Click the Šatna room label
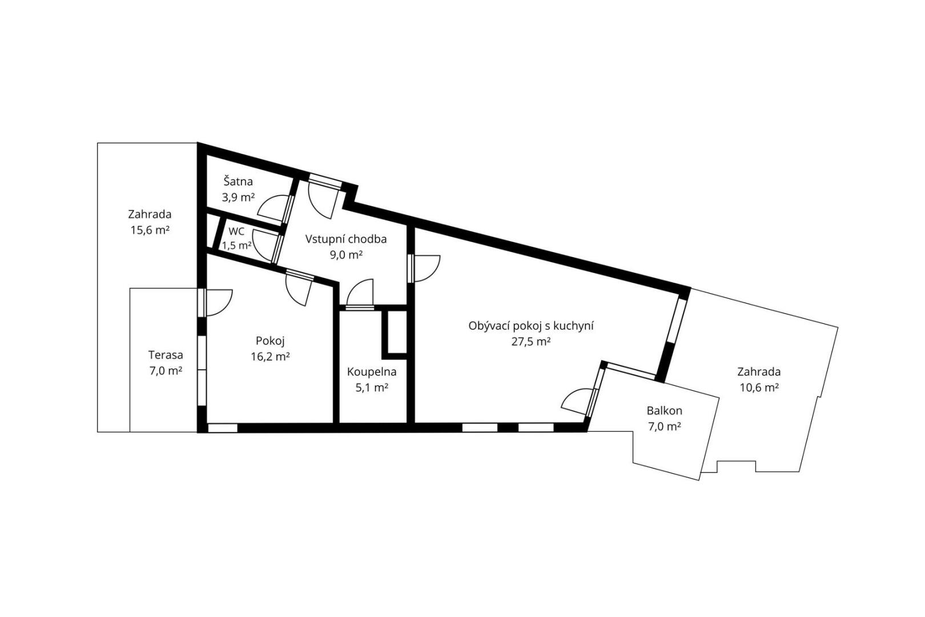coord(238,181)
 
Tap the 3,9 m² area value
coord(238,197)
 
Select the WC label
coord(236,231)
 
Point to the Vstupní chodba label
coord(346,239)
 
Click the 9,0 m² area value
coord(346,255)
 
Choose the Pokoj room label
coord(270,341)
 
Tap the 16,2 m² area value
coord(270,356)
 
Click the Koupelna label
coord(372,372)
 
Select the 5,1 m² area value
coord(372,388)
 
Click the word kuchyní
coord(574,326)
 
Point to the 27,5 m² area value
coord(531,342)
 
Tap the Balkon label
coord(665,411)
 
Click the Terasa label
coord(166,355)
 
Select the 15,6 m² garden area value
coord(150,230)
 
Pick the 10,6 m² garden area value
coord(759,388)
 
